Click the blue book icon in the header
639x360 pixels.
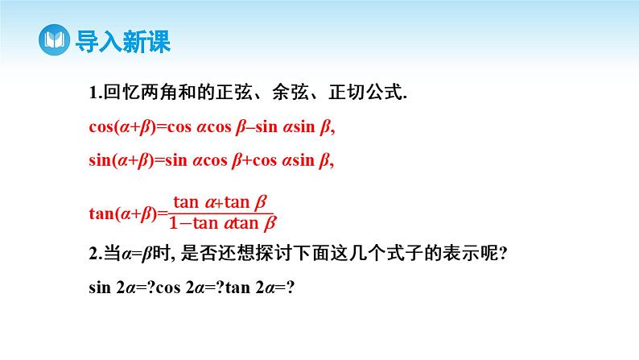tap(55, 40)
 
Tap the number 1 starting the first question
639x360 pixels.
tap(93, 93)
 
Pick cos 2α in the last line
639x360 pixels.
tap(179, 288)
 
